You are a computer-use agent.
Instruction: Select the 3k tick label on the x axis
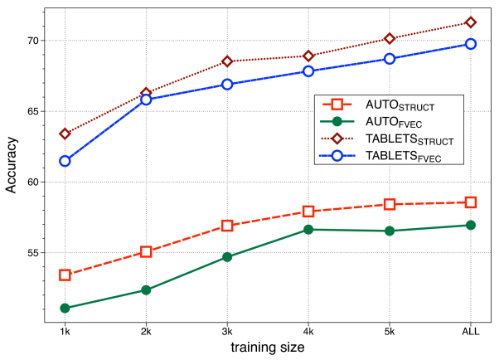tap(227, 332)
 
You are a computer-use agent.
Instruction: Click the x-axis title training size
tap(267, 348)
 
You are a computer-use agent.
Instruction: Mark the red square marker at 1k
tap(65, 275)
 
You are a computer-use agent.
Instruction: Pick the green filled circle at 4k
tap(308, 229)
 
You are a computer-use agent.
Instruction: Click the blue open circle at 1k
tap(65, 161)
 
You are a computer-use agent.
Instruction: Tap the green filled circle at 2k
tap(146, 290)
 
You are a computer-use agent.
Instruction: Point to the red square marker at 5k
tap(390, 204)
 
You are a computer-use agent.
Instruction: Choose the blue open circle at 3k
tap(227, 84)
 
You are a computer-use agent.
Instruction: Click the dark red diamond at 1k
tap(65, 134)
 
